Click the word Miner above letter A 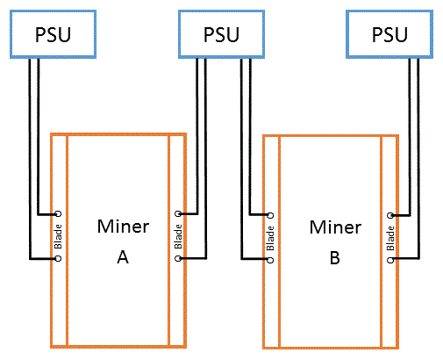point(123,227)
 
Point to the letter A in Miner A point(123,257)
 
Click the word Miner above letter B point(335,227)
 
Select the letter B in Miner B point(335,258)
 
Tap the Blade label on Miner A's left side point(58,236)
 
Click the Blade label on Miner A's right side point(178,236)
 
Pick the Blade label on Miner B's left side point(270,238)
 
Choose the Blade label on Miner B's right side point(390,238)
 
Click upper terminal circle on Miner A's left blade point(59,213)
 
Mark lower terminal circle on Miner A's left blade point(59,258)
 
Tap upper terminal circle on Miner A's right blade point(178,213)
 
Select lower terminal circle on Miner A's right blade point(178,258)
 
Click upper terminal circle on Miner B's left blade point(270,215)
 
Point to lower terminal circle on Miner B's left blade point(270,260)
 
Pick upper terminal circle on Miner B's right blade point(390,215)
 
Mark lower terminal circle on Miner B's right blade point(390,260)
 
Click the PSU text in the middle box point(221,35)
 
